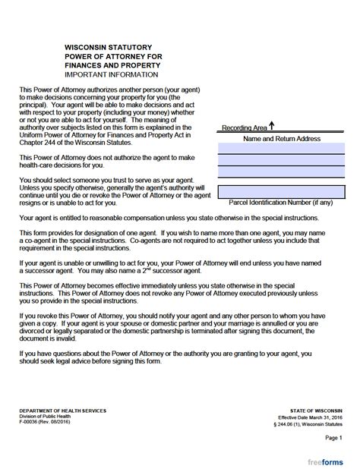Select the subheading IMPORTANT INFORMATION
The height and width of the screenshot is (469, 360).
[112, 75]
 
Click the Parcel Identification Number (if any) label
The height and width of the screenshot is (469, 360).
[281, 203]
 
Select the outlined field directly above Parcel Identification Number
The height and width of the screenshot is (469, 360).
[281, 191]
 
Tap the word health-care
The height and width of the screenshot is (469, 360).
[39, 165]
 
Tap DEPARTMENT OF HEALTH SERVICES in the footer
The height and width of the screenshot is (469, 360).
[63, 409]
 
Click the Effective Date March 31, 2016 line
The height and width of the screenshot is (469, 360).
[311, 416]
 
